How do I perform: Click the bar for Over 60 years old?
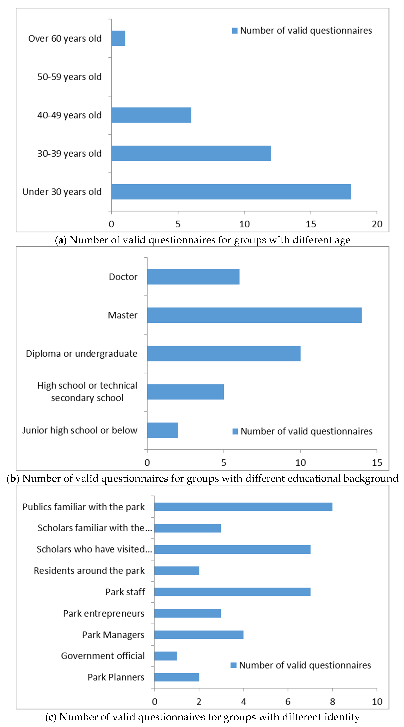click(118, 38)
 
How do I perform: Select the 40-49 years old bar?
click(151, 115)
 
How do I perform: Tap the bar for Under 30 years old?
click(231, 192)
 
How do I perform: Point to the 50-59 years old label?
click(69, 77)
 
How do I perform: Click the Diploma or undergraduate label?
click(81, 354)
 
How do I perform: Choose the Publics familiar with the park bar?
click(243, 507)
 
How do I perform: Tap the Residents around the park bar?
click(176, 571)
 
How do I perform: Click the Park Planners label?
click(116, 677)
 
